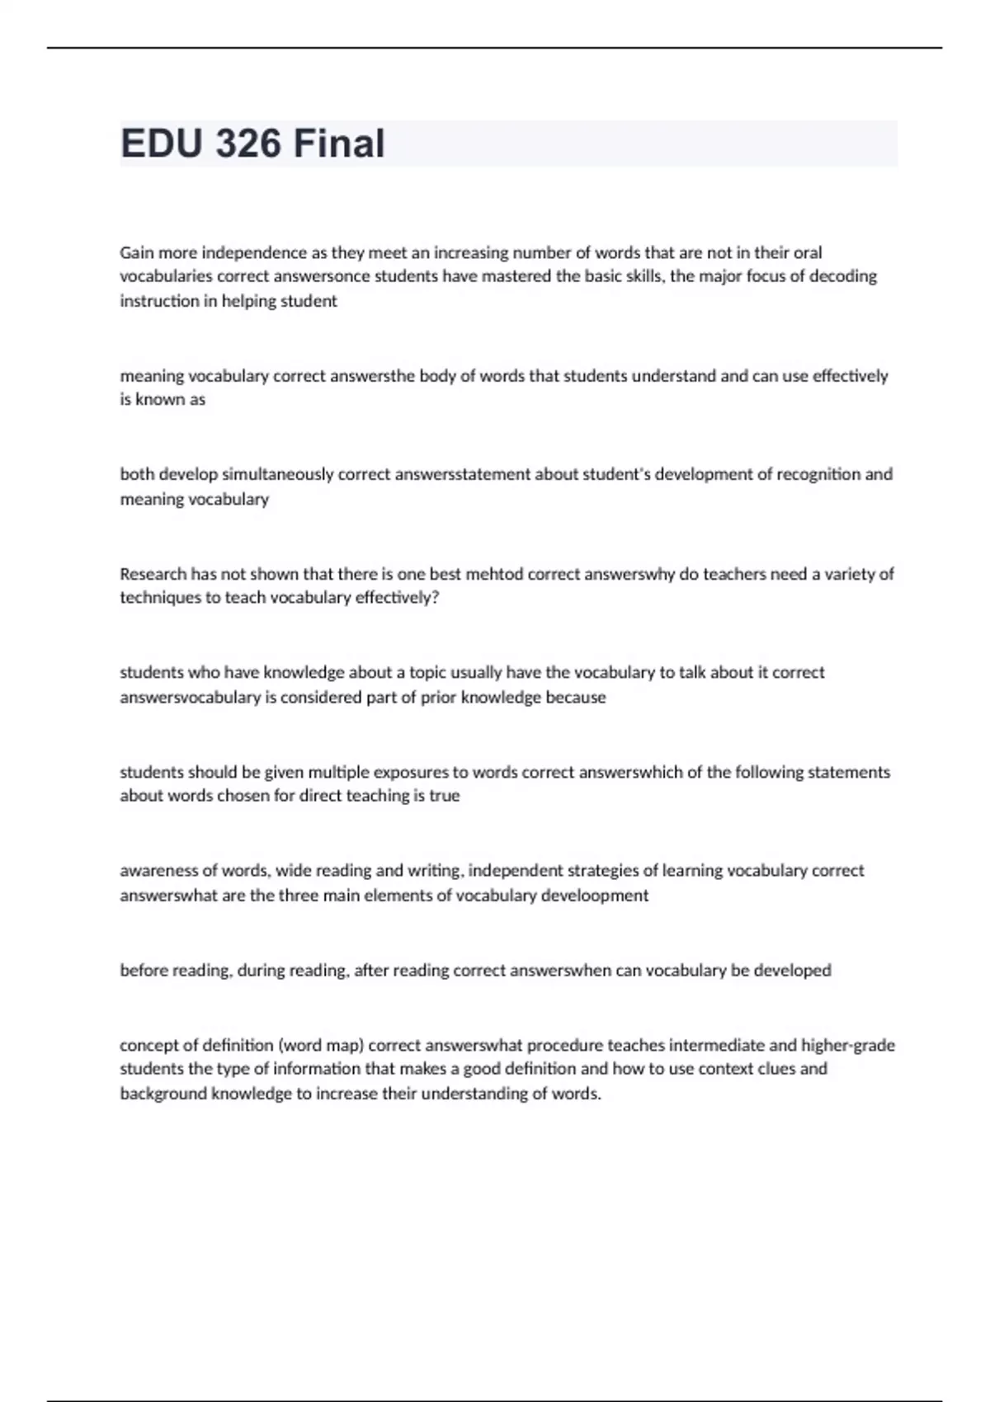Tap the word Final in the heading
pyautogui.click(x=339, y=143)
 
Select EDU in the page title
pyautogui.click(x=161, y=143)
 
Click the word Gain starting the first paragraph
pyautogui.click(x=137, y=252)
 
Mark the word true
pyautogui.click(x=445, y=796)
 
